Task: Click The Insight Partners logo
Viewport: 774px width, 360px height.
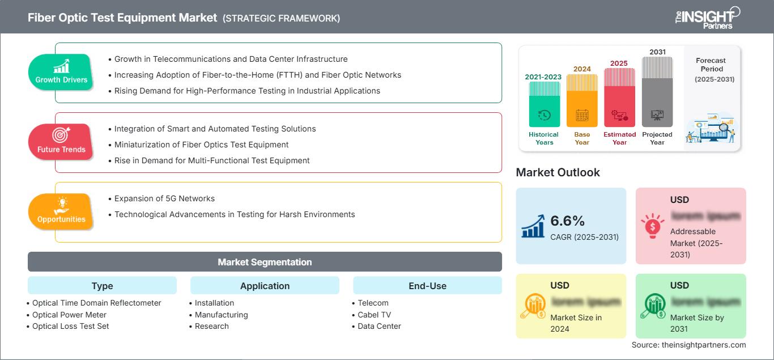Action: pos(707,17)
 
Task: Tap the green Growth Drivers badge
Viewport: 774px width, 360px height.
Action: pos(61,72)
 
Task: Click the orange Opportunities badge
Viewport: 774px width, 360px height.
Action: pos(61,211)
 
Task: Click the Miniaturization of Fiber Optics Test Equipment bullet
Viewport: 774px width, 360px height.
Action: pos(201,145)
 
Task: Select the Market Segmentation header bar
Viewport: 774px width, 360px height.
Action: pos(265,262)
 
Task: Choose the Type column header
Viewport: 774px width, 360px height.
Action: pos(102,286)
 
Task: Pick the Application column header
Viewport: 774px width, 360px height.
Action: pos(265,286)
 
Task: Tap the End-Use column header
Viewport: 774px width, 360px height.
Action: pos(427,286)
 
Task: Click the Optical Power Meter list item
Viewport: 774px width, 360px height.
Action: pos(69,315)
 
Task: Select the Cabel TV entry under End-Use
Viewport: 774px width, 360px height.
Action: pos(374,315)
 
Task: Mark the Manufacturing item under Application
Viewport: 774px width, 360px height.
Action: pos(221,315)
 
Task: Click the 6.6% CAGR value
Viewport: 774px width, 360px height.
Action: pos(567,221)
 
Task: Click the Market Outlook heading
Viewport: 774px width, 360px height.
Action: pos(558,172)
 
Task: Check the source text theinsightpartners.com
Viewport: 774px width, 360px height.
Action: pos(688,345)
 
